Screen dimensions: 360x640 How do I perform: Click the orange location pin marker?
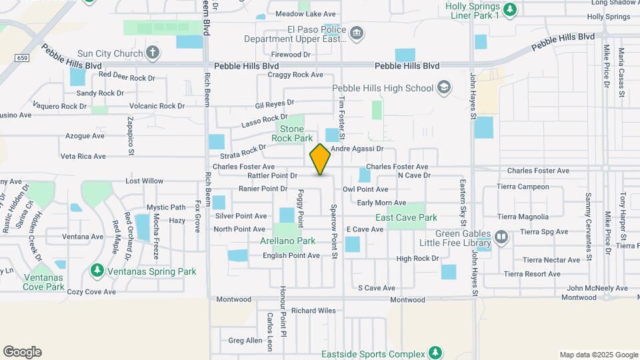321,159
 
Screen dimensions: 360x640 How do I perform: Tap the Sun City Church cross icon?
153,53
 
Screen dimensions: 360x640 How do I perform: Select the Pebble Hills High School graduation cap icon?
443,87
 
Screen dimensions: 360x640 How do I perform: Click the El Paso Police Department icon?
357,33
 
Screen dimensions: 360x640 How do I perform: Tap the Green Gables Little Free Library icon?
501,238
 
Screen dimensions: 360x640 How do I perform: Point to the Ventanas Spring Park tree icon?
97,271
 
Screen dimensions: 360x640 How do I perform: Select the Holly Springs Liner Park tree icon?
510,9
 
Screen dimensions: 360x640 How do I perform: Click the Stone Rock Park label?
292,133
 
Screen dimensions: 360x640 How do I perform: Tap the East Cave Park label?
406,217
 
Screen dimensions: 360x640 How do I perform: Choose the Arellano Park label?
288,241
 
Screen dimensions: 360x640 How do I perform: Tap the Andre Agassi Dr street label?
358,149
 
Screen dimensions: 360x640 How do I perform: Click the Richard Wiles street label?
313,311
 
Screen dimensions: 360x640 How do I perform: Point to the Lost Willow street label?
144,181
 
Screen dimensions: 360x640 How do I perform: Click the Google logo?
22,352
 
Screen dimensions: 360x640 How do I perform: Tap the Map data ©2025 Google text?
597,355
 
